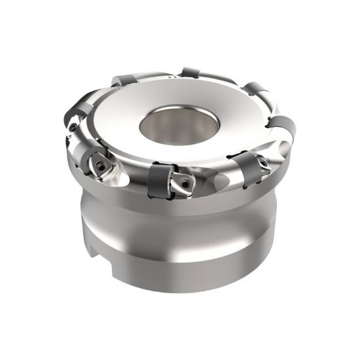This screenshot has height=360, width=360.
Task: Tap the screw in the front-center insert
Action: pos(185,185)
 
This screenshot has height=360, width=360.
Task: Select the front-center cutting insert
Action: pos(183,184)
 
